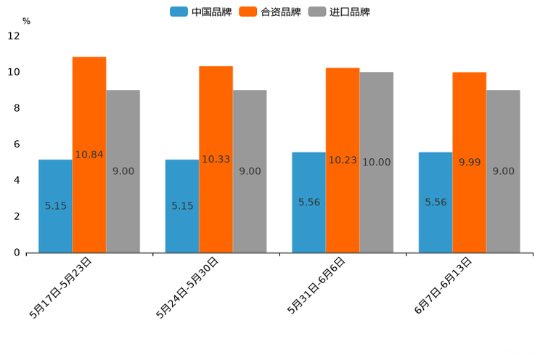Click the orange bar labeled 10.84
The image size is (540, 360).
pos(89,155)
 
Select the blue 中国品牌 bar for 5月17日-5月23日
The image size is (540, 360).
pos(55,206)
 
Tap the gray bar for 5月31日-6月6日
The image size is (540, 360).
pos(377,162)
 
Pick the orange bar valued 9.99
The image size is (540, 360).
pos(470,162)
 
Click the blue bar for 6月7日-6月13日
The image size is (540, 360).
pos(435,202)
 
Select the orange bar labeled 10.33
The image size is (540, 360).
pos(216,159)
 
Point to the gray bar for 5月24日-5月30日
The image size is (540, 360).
pos(250,171)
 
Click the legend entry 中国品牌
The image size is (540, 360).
pos(200,12)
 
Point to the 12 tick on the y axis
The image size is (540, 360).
pos(14,36)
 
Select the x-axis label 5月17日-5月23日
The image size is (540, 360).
pos(61,287)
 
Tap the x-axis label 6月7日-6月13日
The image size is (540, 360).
pos(443,285)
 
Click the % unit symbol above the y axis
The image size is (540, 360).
pos(26,21)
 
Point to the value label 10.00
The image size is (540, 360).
pos(377,163)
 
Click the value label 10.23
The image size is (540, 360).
pos(343,160)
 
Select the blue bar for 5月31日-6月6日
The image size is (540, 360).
pos(308,202)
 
